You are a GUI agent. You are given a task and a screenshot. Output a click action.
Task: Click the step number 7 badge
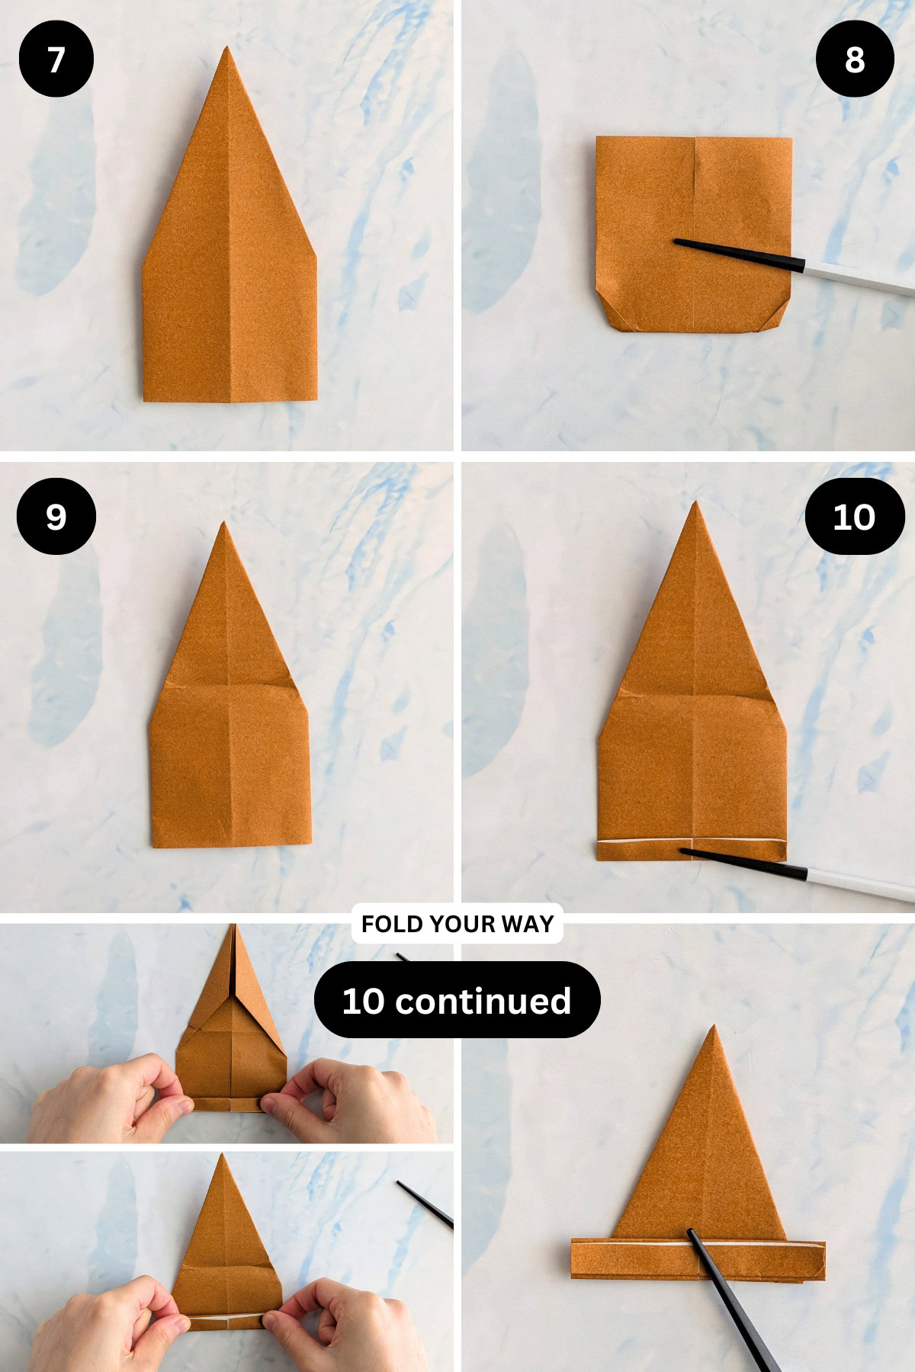56,59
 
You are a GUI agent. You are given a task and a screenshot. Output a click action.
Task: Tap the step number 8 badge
854,59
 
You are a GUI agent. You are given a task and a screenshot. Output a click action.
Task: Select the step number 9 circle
56,517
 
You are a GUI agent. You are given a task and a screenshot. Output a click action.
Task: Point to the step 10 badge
854,517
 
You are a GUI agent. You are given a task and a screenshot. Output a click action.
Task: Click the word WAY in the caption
528,924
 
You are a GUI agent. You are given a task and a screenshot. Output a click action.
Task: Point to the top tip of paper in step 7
226,49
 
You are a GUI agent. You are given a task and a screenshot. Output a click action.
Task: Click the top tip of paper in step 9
223,524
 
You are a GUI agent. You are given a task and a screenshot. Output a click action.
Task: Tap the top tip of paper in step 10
695,504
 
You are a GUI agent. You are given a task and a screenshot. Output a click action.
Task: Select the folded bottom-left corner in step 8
607,313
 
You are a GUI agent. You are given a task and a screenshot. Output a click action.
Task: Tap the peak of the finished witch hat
714,1028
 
